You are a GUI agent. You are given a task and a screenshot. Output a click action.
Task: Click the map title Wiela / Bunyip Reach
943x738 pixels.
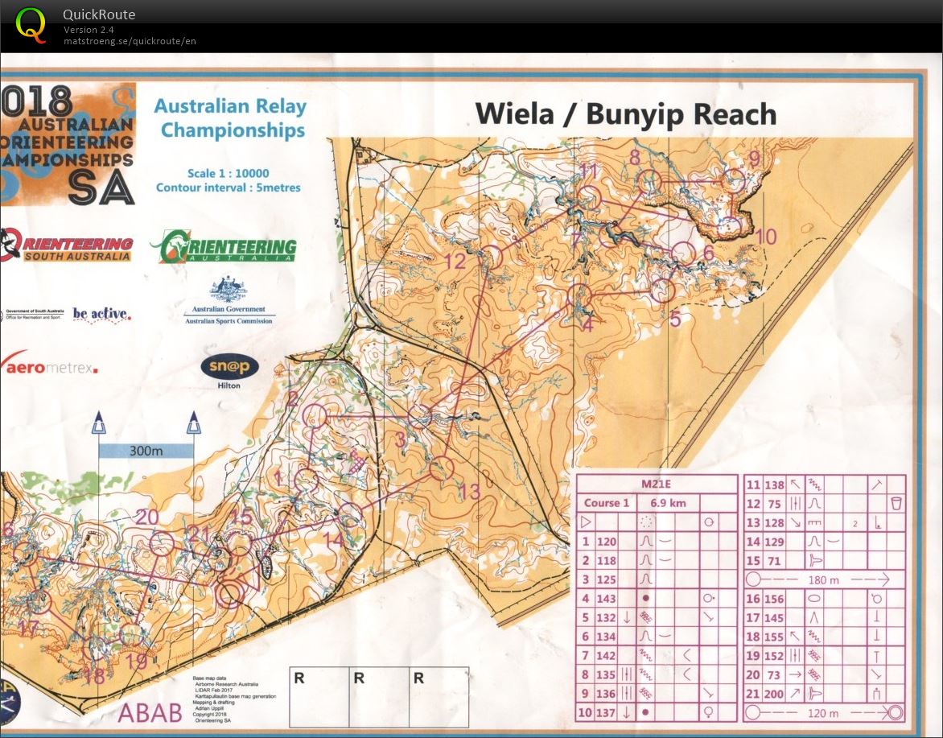click(x=625, y=113)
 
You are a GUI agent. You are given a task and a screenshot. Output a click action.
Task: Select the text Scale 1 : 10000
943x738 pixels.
click(x=229, y=173)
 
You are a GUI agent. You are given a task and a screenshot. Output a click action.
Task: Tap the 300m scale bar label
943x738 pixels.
click(x=146, y=451)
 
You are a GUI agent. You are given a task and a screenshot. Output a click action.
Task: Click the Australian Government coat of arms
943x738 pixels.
click(x=229, y=290)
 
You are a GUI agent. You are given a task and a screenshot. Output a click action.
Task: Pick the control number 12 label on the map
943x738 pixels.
click(x=455, y=261)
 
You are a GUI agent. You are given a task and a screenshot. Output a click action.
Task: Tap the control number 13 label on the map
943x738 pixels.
click(x=468, y=491)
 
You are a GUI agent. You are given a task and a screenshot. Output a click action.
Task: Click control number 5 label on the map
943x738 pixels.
click(x=674, y=319)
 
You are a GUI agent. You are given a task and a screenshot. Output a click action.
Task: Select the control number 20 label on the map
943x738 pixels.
click(x=146, y=517)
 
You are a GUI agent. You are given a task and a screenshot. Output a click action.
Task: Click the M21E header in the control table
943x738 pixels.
click(x=656, y=484)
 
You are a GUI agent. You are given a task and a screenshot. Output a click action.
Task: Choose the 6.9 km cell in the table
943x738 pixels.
click(x=669, y=503)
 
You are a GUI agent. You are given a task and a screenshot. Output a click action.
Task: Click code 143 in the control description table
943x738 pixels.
click(x=606, y=598)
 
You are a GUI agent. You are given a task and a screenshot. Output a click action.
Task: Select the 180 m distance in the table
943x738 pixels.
click(x=817, y=579)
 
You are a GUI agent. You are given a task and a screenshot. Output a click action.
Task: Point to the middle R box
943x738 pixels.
click(x=378, y=697)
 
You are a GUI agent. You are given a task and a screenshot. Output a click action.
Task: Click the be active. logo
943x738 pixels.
click(x=101, y=314)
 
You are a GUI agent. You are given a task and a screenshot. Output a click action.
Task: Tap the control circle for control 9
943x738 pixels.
click(x=735, y=179)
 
